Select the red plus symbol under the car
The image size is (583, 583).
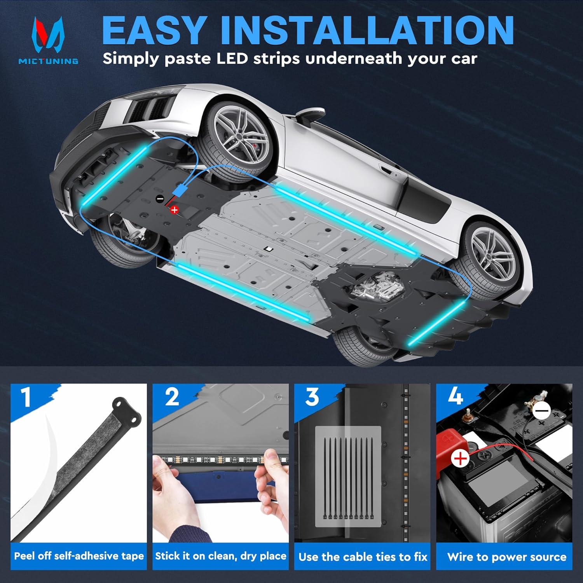point(175,210)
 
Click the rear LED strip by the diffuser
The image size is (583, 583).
point(435,323)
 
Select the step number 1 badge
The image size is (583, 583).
point(26,398)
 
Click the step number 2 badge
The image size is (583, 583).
point(172,398)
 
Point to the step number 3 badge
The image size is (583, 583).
point(312,398)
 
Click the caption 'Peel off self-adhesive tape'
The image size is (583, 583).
point(79,556)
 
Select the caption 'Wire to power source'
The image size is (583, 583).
point(506,557)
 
